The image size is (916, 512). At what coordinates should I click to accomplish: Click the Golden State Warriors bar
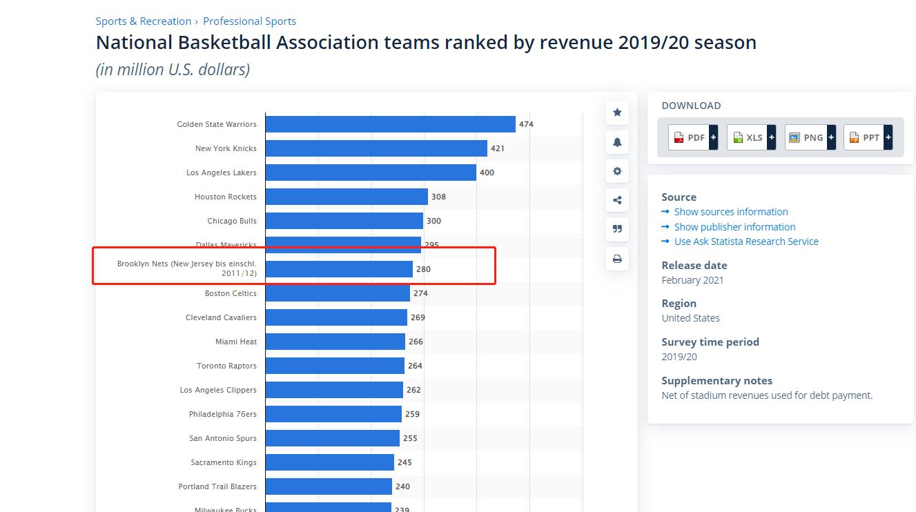(390, 124)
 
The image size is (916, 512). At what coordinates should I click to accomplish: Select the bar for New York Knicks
(376, 148)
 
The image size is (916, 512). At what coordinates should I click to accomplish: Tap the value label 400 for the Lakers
(487, 173)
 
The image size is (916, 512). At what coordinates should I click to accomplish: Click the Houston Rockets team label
(225, 197)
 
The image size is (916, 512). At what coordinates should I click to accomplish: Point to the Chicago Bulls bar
(344, 221)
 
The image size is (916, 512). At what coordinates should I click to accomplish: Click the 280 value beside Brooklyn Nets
(423, 269)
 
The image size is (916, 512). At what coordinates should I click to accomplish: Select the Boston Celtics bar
(338, 293)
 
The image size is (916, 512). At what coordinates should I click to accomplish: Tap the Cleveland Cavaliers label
(221, 317)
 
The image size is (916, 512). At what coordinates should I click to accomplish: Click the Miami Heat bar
(335, 342)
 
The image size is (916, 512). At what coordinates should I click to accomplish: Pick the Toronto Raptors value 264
(415, 366)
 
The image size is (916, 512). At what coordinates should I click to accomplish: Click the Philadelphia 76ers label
(222, 414)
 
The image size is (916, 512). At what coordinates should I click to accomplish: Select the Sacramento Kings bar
(329, 462)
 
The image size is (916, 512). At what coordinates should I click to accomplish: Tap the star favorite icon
(617, 112)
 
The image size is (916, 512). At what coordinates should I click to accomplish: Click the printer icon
(617, 259)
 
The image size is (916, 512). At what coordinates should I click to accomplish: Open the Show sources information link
(730, 212)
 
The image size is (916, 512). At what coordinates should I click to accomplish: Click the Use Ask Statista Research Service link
(746, 242)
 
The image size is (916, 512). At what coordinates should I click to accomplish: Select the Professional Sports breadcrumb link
(249, 21)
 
